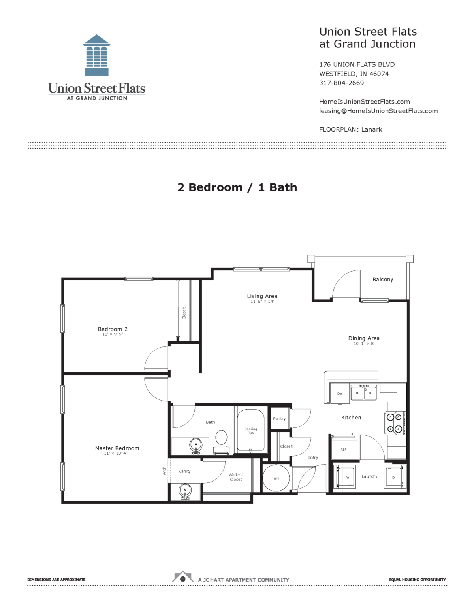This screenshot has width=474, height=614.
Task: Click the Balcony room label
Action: pyautogui.click(x=383, y=280)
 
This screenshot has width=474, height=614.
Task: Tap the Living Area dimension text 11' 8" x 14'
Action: pyautogui.click(x=262, y=302)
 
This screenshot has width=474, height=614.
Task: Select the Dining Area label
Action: pyautogui.click(x=364, y=338)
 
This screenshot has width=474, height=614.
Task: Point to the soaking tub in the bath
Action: pyautogui.click(x=250, y=430)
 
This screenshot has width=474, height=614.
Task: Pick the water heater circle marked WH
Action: pyautogui.click(x=276, y=478)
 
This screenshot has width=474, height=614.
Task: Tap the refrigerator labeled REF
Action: pyautogui.click(x=344, y=449)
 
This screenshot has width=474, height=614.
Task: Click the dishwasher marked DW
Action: pyautogui.click(x=340, y=393)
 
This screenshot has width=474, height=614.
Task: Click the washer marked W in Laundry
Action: pyautogui.click(x=347, y=478)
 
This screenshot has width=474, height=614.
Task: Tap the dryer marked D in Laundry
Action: pyautogui.click(x=394, y=478)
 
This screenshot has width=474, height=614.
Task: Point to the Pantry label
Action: pyautogui.click(x=279, y=419)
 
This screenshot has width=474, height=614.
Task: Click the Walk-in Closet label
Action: pyautogui.click(x=236, y=477)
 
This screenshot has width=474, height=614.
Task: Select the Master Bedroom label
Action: pyautogui.click(x=117, y=448)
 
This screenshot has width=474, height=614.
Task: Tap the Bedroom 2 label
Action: pyautogui.click(x=113, y=329)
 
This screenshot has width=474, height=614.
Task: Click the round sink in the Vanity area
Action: pyautogui.click(x=185, y=491)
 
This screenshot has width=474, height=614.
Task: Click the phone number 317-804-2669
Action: pyautogui.click(x=341, y=83)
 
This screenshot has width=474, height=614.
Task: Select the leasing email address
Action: pyautogui.click(x=378, y=111)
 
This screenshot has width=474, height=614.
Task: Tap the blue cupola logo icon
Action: pyautogui.click(x=96, y=55)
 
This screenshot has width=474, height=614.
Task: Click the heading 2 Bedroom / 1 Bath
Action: pyautogui.click(x=237, y=187)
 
